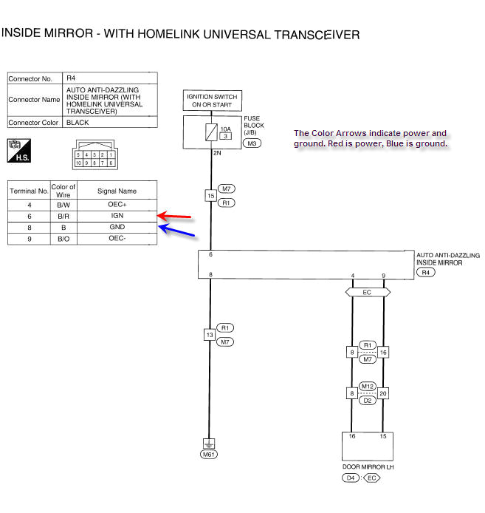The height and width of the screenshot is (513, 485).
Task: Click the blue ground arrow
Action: [177, 232]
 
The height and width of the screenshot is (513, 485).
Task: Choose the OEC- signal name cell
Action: [117, 239]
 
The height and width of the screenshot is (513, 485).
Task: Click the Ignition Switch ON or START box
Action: [212, 101]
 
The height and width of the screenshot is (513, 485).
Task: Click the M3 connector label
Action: [252, 143]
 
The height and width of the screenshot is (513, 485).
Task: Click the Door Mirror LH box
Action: [367, 446]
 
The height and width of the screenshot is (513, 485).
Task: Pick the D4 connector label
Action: [351, 478]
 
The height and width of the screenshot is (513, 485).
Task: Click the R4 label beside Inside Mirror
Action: [426, 272]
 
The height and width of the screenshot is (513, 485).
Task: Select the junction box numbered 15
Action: [210, 195]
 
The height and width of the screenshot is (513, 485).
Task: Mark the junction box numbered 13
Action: [210, 334]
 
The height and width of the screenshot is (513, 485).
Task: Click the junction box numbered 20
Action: [382, 393]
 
